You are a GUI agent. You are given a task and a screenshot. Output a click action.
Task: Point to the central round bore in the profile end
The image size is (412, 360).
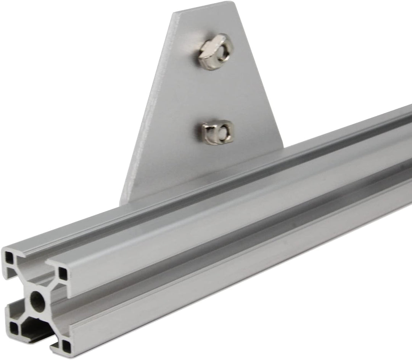[x=37, y=301]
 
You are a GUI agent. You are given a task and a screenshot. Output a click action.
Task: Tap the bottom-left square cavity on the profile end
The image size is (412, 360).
[x=14, y=327]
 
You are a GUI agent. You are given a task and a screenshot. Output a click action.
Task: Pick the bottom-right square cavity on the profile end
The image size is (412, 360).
[x=66, y=345]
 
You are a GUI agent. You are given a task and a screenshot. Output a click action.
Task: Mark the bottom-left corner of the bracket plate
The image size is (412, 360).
[x=123, y=202]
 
